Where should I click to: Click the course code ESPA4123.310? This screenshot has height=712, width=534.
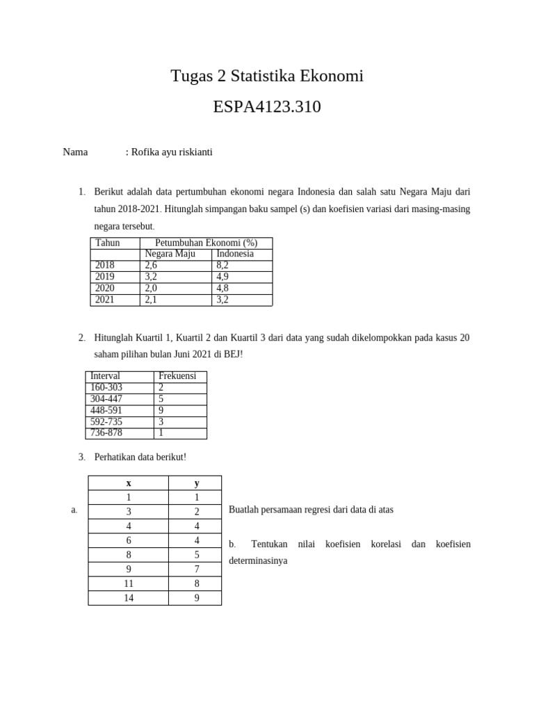point(267,107)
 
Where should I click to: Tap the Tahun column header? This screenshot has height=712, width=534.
point(108,243)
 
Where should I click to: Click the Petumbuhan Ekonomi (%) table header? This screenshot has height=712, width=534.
point(206,243)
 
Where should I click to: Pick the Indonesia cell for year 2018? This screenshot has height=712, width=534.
point(222,265)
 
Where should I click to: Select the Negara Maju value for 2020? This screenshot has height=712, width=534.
point(151,288)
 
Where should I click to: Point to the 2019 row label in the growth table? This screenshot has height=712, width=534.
point(105,277)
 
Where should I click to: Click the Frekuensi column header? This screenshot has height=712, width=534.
point(177,376)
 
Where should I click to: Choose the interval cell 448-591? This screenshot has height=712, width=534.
point(106,410)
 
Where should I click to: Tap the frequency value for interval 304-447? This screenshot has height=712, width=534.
point(161,399)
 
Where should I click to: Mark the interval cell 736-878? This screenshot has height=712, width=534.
point(106,432)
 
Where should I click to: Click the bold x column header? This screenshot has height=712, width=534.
point(129,483)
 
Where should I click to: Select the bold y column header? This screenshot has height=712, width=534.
point(197,483)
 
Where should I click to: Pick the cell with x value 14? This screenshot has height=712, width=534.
point(129,598)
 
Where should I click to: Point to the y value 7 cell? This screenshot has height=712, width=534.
point(197,569)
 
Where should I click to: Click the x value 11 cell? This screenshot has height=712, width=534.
point(129,583)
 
